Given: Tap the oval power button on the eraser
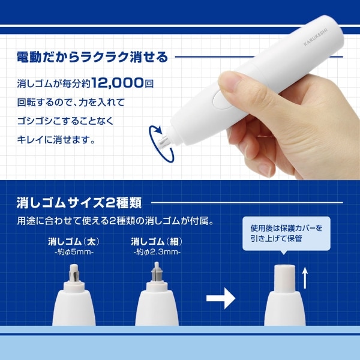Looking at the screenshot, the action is click(222, 99).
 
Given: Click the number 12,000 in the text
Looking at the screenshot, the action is click(118, 83).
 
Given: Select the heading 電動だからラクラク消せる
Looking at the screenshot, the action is click(92, 57).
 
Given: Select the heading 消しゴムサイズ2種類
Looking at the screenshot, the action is click(79, 203).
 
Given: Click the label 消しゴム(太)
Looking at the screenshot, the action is click(74, 242).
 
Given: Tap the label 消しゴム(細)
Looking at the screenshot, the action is click(157, 242).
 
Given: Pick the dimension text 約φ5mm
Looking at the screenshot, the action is click(74, 253).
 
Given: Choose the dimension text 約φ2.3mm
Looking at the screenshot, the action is click(157, 253).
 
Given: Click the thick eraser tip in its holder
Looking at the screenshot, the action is click(74, 273).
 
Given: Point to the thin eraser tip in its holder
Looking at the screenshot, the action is click(157, 272).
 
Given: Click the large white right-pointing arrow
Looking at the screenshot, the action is click(221, 298).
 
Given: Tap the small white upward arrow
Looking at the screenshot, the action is click(305, 278).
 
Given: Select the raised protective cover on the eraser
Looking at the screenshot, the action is click(284, 279).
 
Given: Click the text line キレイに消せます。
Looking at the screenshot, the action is click(56, 139).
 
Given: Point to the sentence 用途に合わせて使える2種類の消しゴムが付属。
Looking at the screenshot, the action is click(115, 221).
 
